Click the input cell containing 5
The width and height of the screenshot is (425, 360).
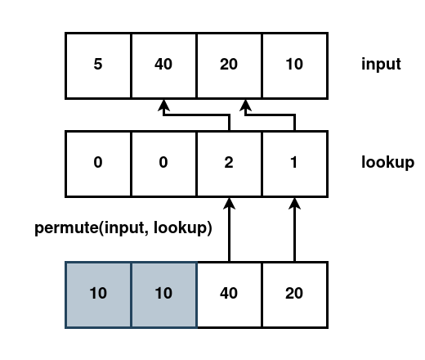coord(98,64)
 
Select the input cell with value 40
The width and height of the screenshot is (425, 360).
coord(163,64)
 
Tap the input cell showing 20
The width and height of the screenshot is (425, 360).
coord(229,64)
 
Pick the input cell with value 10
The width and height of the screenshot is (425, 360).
coord(294,64)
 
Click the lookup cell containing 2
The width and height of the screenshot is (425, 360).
coord(229,162)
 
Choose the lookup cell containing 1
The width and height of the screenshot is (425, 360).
coord(294,162)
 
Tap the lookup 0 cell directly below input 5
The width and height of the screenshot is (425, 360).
coord(98,162)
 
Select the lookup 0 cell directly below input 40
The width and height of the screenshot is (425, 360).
coord(163,162)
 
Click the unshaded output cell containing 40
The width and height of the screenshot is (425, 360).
coord(229,294)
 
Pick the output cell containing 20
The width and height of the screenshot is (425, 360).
coord(294,294)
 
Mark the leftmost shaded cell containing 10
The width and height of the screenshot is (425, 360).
coord(98,294)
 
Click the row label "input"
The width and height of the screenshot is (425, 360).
coord(381,64)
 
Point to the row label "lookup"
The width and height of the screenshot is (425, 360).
coord(387,162)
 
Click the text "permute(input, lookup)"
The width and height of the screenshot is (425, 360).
coord(123,228)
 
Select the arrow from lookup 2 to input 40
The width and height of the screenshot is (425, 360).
coord(196,115)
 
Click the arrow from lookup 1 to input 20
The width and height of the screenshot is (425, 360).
coord(270,115)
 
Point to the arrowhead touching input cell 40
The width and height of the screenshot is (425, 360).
coord(163,104)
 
